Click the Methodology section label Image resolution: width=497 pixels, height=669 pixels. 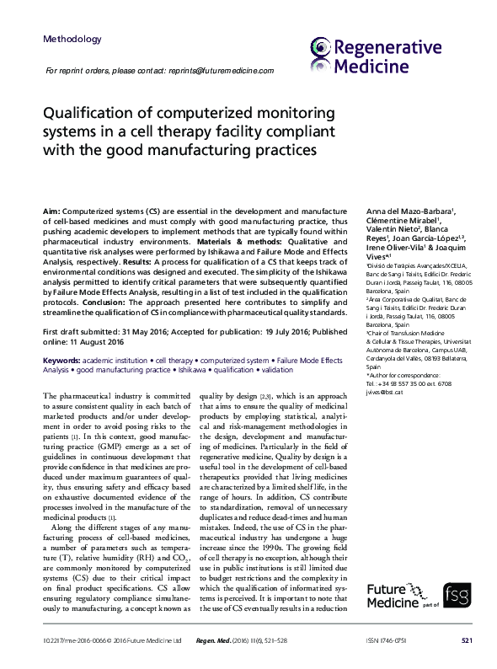click(72, 40)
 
